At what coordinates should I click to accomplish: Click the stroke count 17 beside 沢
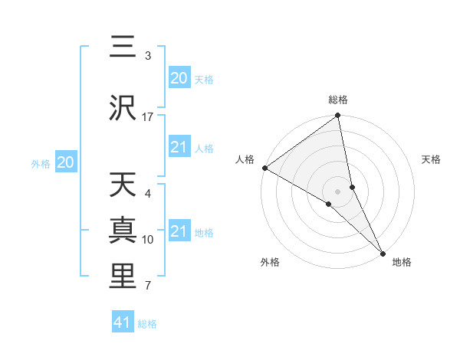pyautogui.click(x=148, y=117)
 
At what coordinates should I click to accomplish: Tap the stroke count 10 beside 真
pyautogui.click(x=148, y=240)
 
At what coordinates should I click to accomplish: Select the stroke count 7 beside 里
pyautogui.click(x=148, y=286)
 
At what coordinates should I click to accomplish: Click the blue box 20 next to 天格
pyautogui.click(x=179, y=78)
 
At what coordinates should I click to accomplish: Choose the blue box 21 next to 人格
pyautogui.click(x=179, y=147)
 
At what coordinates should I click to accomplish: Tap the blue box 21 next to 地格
pyautogui.click(x=179, y=231)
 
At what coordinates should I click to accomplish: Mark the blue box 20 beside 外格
pyautogui.click(x=66, y=162)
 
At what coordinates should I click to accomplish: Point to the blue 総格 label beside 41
pyautogui.click(x=147, y=324)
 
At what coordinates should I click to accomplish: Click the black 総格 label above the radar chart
pyautogui.click(x=338, y=100)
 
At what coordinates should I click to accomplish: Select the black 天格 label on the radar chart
pyautogui.click(x=432, y=159)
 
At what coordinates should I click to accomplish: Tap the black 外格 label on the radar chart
pyautogui.click(x=269, y=262)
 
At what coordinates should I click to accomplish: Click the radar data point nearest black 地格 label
pyautogui.click(x=383, y=253)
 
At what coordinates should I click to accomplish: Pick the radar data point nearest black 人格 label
pyautogui.click(x=264, y=168)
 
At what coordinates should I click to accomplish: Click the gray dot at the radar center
pyautogui.click(x=338, y=191)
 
